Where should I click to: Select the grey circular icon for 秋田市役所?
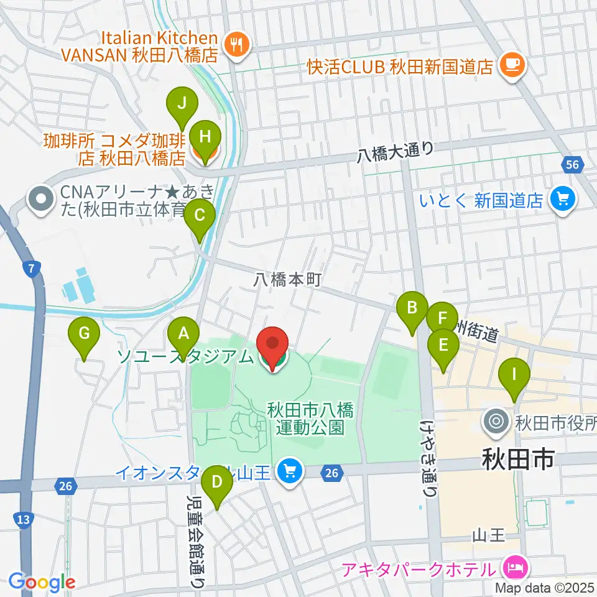tap(496, 422)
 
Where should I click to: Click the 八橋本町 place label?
tap(287, 280)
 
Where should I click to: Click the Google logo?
tap(42, 581)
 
